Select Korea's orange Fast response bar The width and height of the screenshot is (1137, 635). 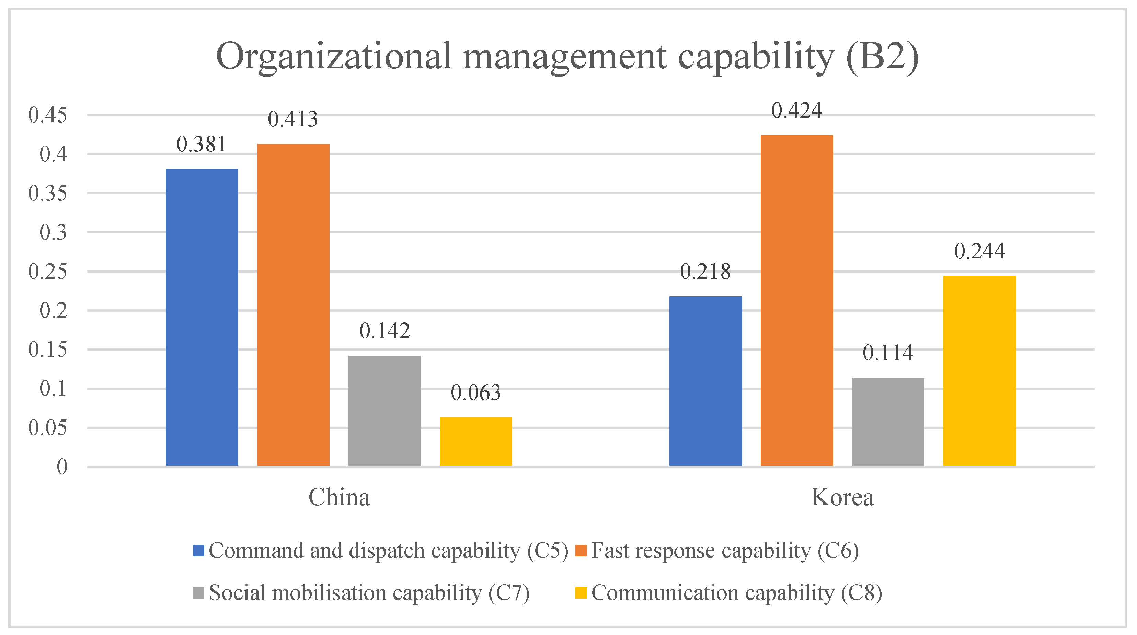pyautogui.click(x=797, y=300)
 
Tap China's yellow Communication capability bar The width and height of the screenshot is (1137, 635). pyautogui.click(x=476, y=441)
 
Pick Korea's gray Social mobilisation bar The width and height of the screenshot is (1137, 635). pyautogui.click(x=888, y=422)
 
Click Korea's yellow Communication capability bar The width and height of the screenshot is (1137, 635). pyautogui.click(x=979, y=371)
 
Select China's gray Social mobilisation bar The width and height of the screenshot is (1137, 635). pyautogui.click(x=384, y=411)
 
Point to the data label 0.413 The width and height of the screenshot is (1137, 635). pyautogui.click(x=292, y=119)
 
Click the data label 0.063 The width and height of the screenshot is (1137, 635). pyautogui.click(x=476, y=393)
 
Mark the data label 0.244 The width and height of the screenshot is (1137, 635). pyautogui.click(x=979, y=251)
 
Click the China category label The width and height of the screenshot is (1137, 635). pyautogui.click(x=339, y=497)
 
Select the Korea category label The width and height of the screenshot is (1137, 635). pyautogui.click(x=842, y=497)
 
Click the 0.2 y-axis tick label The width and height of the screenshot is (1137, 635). pyautogui.click(x=54, y=310)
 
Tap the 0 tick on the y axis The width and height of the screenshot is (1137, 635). pyautogui.click(x=62, y=466)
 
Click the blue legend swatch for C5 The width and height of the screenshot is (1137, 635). pyautogui.click(x=198, y=550)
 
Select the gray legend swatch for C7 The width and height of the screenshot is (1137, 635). pyautogui.click(x=198, y=593)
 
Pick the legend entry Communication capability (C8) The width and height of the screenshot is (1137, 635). pyautogui.click(x=736, y=593)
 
